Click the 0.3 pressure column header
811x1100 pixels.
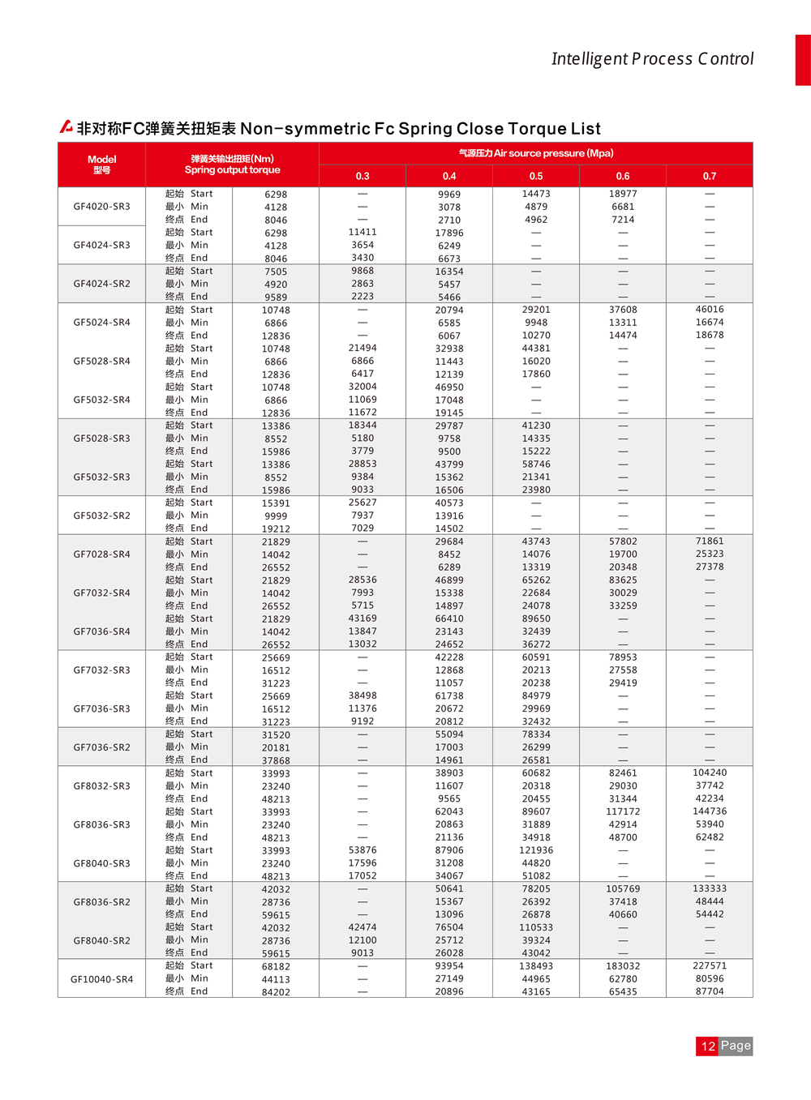[363, 176]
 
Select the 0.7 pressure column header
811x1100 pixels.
[710, 176]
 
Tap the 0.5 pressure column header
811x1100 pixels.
[536, 176]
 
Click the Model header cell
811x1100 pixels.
[102, 165]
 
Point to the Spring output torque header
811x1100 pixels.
[232, 165]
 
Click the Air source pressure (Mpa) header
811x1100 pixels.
[536, 153]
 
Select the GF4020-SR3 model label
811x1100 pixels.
[102, 207]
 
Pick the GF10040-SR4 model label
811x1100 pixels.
[102, 979]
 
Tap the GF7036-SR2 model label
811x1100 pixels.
[102, 747]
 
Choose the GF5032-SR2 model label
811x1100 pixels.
[102, 516]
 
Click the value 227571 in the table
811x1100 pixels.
[710, 966]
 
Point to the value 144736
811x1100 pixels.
[710, 811]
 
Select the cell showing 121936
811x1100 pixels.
[536, 850]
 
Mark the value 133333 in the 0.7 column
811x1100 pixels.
[710, 888]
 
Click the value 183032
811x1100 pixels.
[623, 966]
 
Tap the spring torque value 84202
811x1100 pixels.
[276, 992]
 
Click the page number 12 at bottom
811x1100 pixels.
[707, 1046]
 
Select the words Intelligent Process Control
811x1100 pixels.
[652, 59]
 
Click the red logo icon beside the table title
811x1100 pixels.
[67, 127]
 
